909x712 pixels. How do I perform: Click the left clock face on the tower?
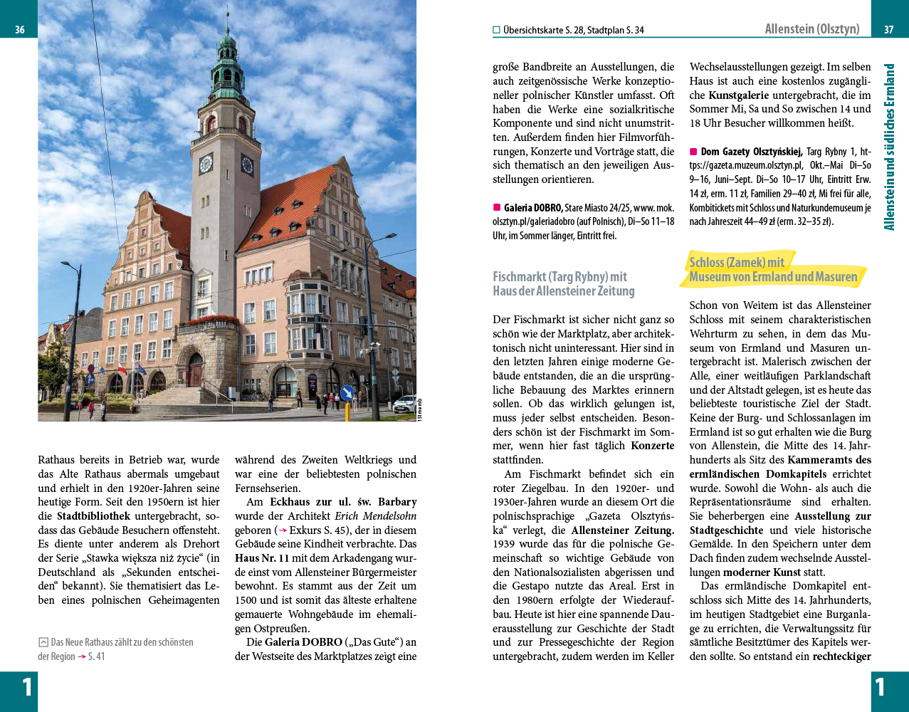point(206,164)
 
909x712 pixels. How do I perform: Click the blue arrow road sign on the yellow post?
point(347,392)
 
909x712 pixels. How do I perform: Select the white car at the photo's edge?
point(405,404)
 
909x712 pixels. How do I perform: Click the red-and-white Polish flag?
point(122,370)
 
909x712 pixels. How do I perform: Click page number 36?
point(20,30)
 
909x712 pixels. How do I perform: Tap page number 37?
point(888,30)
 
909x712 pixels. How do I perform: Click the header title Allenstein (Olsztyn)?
point(811,29)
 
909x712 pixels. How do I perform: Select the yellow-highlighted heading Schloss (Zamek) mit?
point(737,262)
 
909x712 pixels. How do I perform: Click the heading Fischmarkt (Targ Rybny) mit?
point(559,276)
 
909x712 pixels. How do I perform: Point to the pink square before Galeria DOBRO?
point(497,208)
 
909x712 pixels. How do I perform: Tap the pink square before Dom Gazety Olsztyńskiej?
point(693,152)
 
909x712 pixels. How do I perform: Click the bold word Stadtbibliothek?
point(93,516)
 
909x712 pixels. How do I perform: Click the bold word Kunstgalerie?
point(738,95)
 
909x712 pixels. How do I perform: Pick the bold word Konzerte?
point(652,446)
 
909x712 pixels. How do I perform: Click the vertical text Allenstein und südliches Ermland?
point(889,147)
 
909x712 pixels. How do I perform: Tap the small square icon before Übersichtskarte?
point(496,30)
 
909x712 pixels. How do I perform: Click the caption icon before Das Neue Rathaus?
point(43,642)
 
